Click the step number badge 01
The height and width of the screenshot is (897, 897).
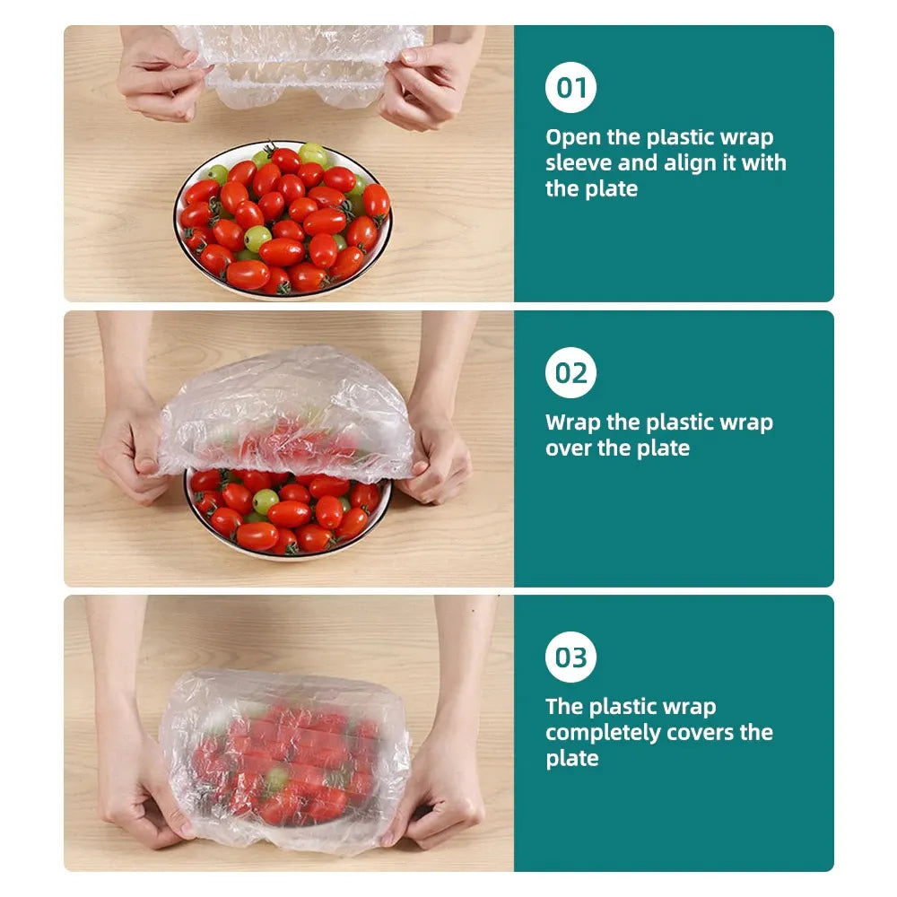tap(570, 88)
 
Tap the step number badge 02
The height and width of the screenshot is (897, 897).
tap(570, 372)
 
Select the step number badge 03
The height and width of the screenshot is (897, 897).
tap(570, 657)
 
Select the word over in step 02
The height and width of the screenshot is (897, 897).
tap(568, 448)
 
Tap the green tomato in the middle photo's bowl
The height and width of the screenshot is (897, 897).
tap(266, 501)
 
